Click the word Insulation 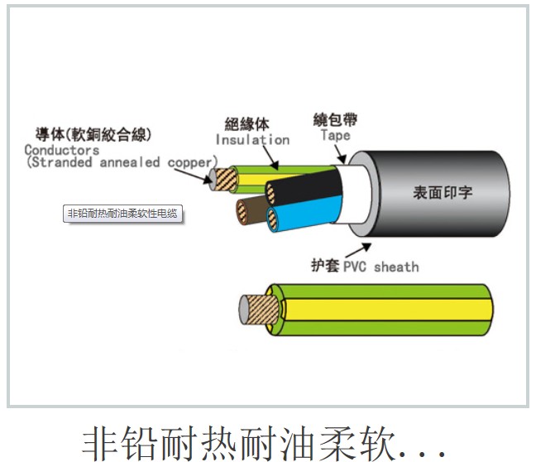pos(252,140)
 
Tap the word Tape pos(336,135)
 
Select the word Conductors pos(62,150)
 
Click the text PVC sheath pos(380,267)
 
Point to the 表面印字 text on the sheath pos(443,193)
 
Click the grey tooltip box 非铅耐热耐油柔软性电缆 pos(122,214)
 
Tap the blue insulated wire pos(305,214)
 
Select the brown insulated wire pos(251,211)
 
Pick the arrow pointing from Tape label pos(340,154)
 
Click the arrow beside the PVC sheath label pos(358,250)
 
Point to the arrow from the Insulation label pos(270,158)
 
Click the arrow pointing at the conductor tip pos(193,176)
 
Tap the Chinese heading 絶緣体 pos(246,124)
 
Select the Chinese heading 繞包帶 pos(335,120)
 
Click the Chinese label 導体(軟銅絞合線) pos(93,134)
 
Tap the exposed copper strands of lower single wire pos(262,310)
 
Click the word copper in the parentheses pos(190,162)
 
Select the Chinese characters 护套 pos(325,266)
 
